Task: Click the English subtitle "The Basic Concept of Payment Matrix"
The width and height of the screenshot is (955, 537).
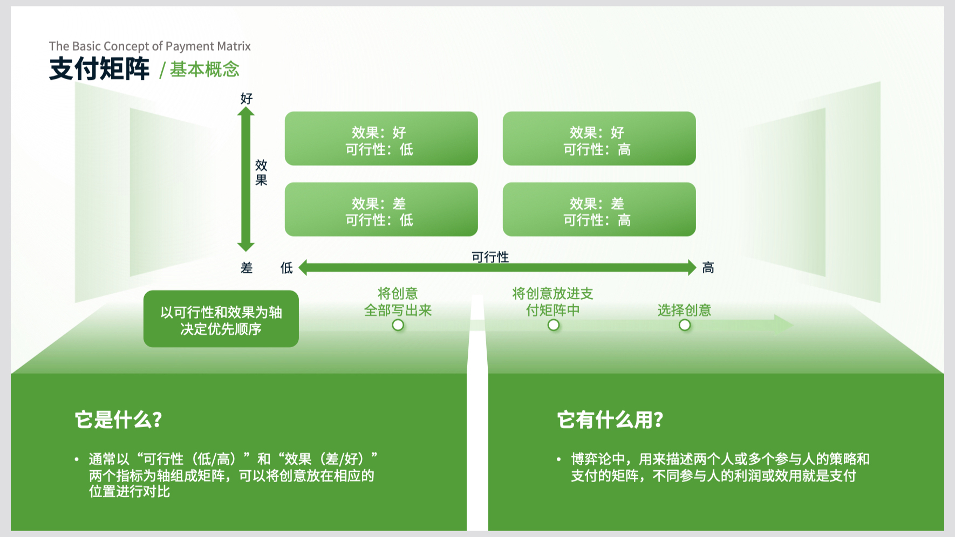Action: pyautogui.click(x=149, y=46)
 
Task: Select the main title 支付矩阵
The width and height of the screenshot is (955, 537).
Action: pyautogui.click(x=99, y=69)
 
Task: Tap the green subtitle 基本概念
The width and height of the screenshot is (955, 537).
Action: pyautogui.click(x=204, y=70)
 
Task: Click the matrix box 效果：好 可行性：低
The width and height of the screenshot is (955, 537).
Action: pyautogui.click(x=381, y=139)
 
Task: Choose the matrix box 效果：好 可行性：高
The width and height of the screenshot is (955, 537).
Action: pyautogui.click(x=599, y=139)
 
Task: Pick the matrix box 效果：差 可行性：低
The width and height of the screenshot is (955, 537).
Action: pyautogui.click(x=381, y=209)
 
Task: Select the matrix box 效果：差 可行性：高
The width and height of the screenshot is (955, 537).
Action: pyautogui.click(x=599, y=209)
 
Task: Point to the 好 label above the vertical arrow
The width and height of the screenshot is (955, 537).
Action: pyautogui.click(x=247, y=99)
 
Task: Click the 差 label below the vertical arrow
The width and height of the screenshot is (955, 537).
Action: pyautogui.click(x=247, y=268)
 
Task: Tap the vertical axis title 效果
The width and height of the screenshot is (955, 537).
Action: pyautogui.click(x=261, y=173)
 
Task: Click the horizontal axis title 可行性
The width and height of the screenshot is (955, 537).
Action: pyautogui.click(x=490, y=257)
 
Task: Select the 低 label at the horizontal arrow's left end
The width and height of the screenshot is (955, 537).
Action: pyautogui.click(x=286, y=268)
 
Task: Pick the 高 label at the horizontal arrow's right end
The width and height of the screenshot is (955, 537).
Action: pyautogui.click(x=708, y=268)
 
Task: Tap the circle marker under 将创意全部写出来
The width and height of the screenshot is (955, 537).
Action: pyautogui.click(x=398, y=325)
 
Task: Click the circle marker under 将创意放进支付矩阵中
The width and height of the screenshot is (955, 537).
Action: pyautogui.click(x=554, y=325)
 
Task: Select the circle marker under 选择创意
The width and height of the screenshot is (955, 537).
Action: pyautogui.click(x=685, y=325)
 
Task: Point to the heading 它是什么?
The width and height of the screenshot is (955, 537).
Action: pyautogui.click(x=119, y=419)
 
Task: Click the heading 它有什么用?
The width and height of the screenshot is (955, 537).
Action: pyautogui.click(x=610, y=419)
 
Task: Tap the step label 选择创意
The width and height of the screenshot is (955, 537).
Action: pyautogui.click(x=684, y=310)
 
